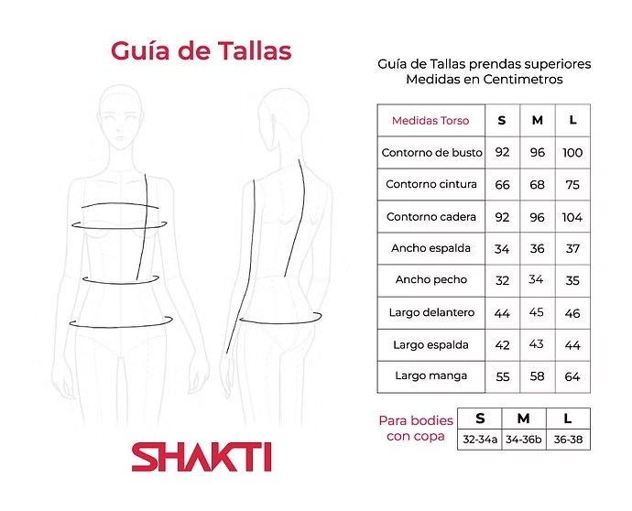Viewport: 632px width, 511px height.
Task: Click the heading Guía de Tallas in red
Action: pos(201,49)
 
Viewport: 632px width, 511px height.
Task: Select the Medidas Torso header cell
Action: pos(430,121)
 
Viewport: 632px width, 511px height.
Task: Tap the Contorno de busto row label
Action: pos(431,153)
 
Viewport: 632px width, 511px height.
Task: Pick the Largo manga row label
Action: pos(430,376)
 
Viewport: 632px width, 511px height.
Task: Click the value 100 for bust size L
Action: pos(572,153)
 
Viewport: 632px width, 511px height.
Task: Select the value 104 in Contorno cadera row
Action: pos(572,218)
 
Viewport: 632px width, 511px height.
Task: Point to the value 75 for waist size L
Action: pos(572,185)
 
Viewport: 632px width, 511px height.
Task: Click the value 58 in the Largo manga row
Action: pos(537,376)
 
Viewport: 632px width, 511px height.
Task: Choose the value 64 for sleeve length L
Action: pos(572,376)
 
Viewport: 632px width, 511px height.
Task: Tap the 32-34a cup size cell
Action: pos(480,440)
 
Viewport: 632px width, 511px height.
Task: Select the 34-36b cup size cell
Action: pos(524,440)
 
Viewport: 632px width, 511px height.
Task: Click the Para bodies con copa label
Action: pos(416,429)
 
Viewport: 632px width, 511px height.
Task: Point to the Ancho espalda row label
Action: pos(430,249)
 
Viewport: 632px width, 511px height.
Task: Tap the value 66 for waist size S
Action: pos(502,185)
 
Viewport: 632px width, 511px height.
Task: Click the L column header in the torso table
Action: pos(572,121)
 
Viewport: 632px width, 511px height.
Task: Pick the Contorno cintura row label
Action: pos(430,185)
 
